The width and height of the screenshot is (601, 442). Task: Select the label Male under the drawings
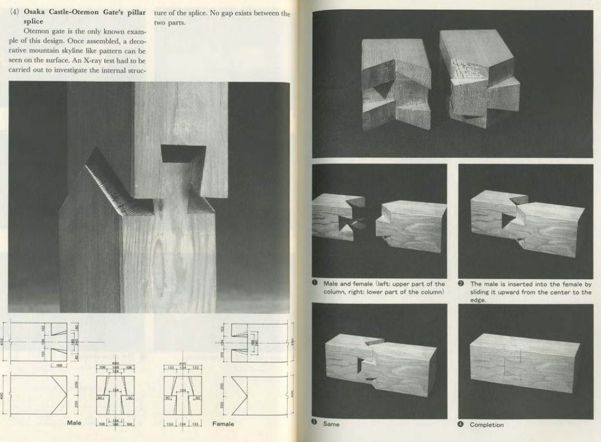pos(73,423)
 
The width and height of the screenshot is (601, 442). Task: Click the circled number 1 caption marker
pos(315,284)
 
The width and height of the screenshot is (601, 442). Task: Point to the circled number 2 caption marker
pos(462,284)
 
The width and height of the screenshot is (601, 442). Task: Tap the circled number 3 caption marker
pos(315,424)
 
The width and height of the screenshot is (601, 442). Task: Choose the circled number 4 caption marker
pos(462,424)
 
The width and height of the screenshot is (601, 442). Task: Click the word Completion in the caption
pos(486,425)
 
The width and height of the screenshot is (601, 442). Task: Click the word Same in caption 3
pos(331,424)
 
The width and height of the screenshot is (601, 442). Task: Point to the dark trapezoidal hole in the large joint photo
pos(182,153)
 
